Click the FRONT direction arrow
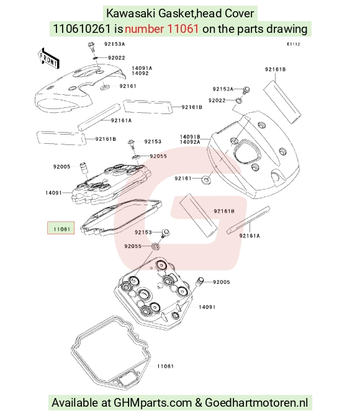48,59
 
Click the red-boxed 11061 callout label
61,228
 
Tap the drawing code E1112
294,44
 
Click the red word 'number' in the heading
144,29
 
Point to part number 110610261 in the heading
82,29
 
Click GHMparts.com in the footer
153,403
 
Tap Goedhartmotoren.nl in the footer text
256,403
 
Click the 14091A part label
142,68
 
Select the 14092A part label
190,142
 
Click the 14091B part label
190,137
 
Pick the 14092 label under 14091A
140,73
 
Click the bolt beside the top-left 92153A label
92,46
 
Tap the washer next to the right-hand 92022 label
239,100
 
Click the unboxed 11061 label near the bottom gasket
165,366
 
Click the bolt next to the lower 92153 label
165,233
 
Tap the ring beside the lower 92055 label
156,247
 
